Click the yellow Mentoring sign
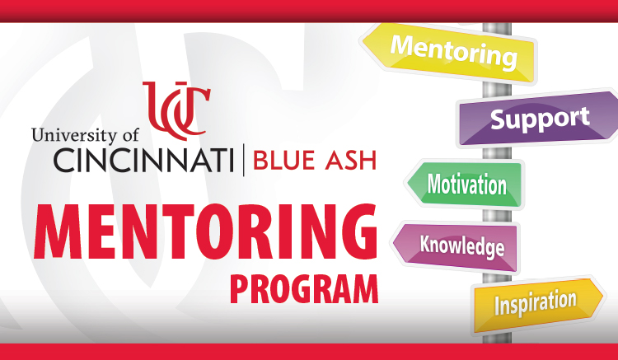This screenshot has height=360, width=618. click(x=454, y=51)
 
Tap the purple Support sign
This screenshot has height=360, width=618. click(x=540, y=119)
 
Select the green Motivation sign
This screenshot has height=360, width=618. click(x=466, y=184)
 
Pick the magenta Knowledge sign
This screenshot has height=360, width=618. click(x=461, y=245)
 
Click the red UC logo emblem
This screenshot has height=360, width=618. click(x=176, y=107)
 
